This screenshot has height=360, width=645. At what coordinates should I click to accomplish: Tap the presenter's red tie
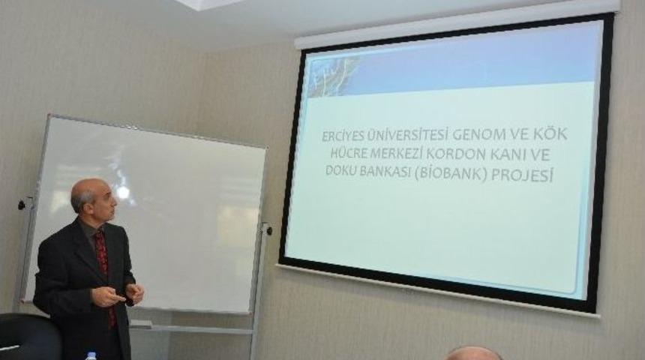102,262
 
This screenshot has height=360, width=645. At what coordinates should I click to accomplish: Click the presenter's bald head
88,192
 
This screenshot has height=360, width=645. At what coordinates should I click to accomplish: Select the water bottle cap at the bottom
91,355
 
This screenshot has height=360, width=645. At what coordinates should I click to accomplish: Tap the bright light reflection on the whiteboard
122,192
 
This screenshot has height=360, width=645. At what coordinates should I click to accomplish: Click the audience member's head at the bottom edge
472,353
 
